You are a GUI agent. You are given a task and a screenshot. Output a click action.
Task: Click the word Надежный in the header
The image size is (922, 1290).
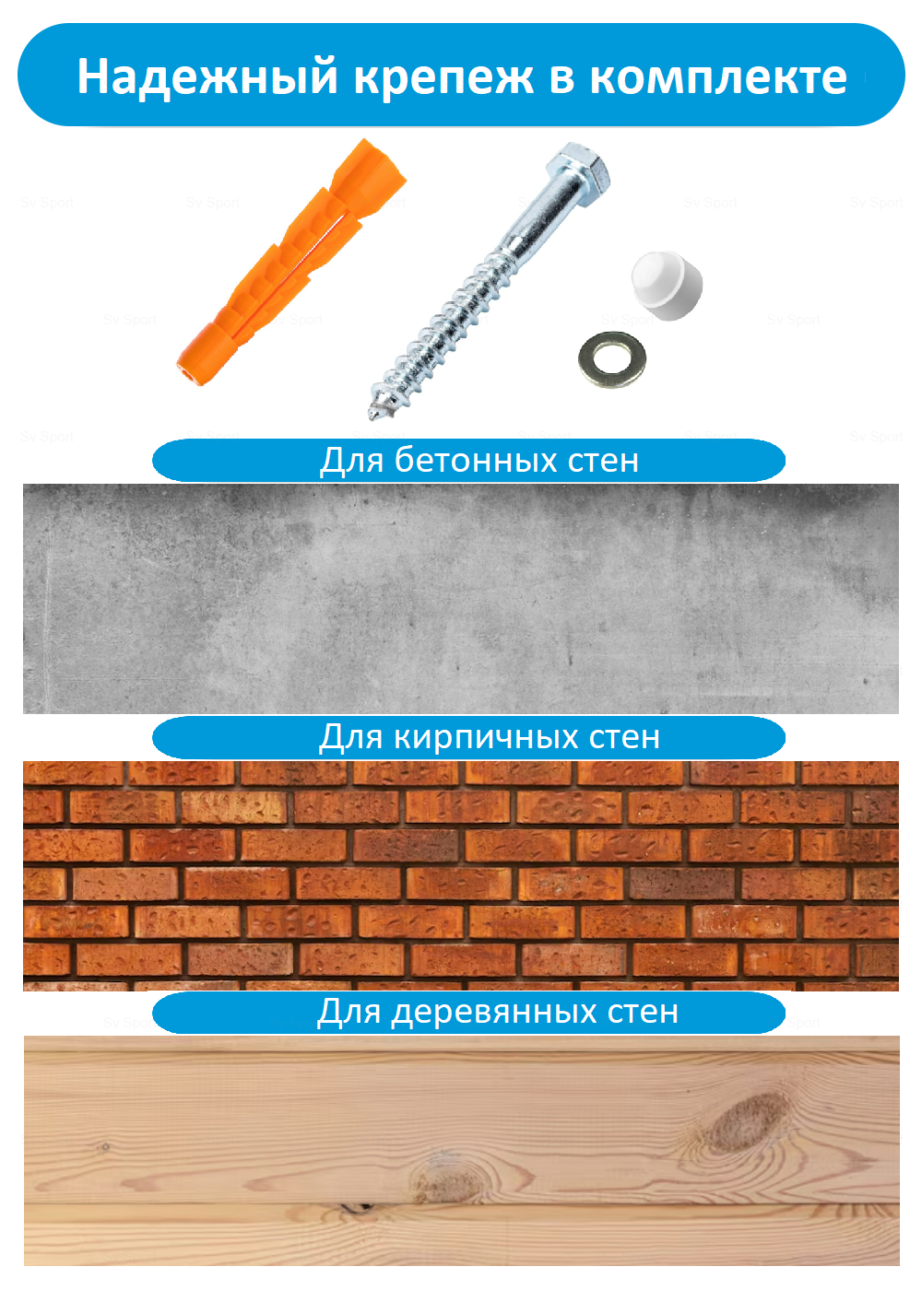(x=207, y=76)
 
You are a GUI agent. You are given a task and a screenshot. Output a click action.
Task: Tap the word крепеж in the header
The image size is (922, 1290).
(x=443, y=76)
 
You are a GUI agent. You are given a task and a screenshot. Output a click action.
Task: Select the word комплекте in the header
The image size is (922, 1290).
(x=717, y=76)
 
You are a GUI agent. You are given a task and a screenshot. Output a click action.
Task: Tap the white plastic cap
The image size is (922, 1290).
(x=666, y=286)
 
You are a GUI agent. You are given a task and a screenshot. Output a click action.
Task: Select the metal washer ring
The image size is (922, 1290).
(x=611, y=360)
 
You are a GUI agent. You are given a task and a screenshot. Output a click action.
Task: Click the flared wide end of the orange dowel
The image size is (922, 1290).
(x=369, y=175)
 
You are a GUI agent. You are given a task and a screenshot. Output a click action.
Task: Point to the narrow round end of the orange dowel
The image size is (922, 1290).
(x=192, y=365)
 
